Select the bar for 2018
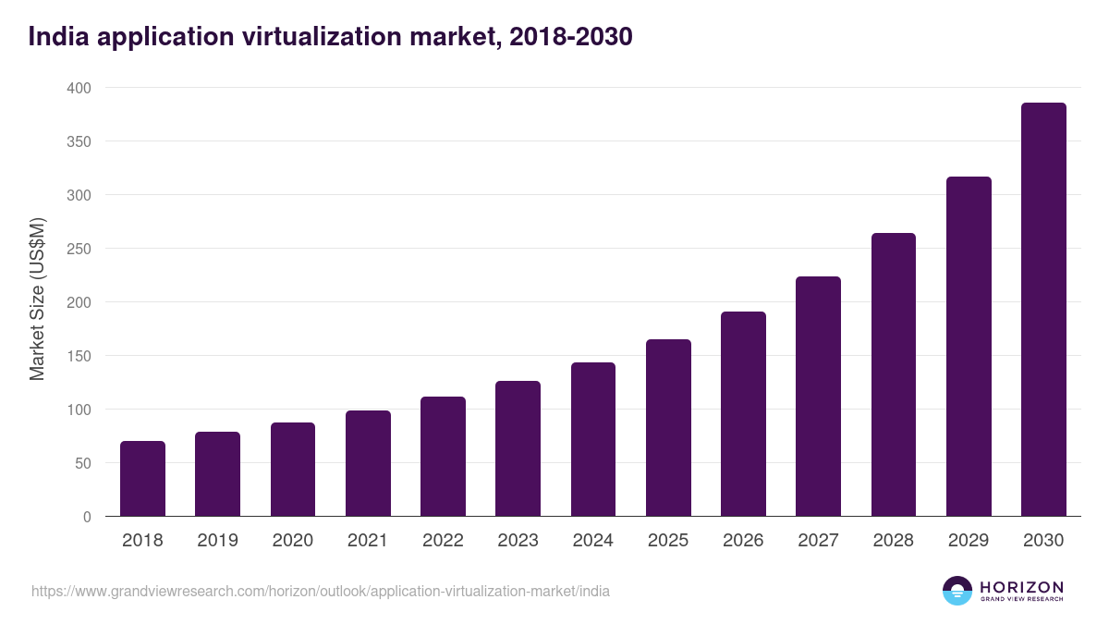pos(142,479)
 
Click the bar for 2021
pos(368,463)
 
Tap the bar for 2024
pos(593,439)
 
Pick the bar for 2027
pos(818,397)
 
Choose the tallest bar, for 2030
pos(1043,310)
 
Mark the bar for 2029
pos(969,347)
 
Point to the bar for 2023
pos(518,448)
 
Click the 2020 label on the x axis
pos(292,541)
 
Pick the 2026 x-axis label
pos(743,541)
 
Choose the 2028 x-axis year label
pos(893,541)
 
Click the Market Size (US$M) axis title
pos(37,300)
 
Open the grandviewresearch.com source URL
pos(320,591)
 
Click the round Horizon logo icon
pos(957,591)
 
